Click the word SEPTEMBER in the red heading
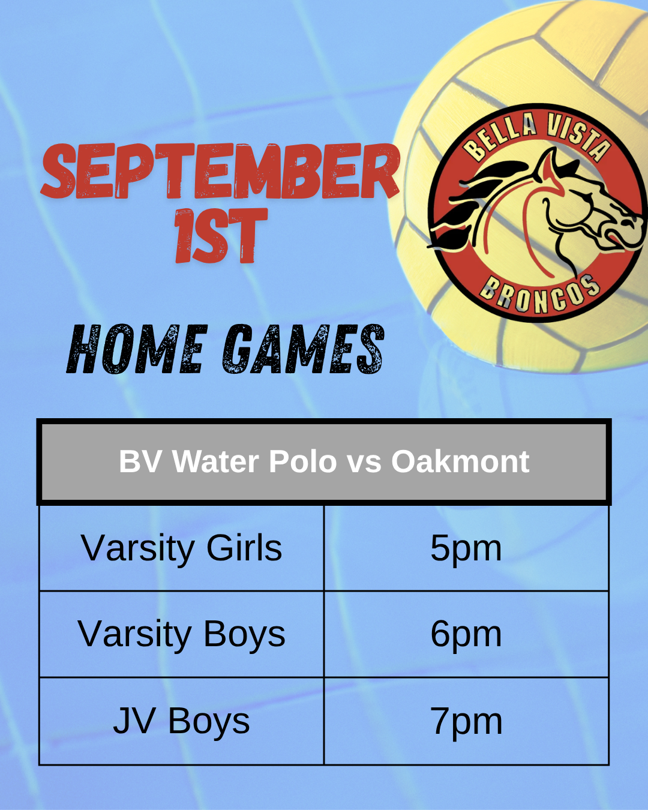coord(220,171)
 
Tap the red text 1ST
coord(221,236)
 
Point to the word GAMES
coord(304,349)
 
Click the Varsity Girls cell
coord(181,548)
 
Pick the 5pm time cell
coord(466,548)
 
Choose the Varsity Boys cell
coord(181,634)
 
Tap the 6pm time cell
coord(466,634)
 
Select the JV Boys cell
coord(181,721)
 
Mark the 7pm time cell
coord(466,721)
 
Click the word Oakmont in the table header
coord(460,461)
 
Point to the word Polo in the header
coord(303,461)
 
